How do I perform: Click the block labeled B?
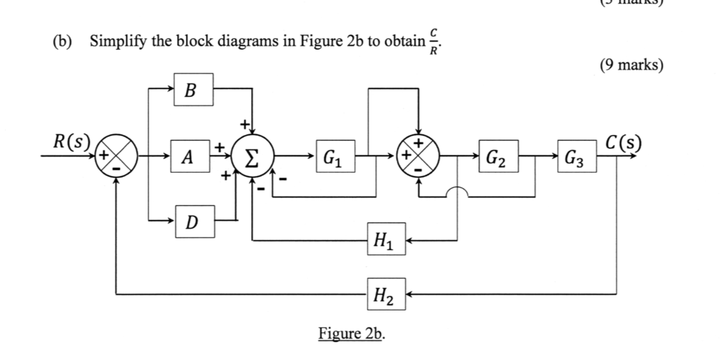coord(193,89)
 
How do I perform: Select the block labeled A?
coord(186,156)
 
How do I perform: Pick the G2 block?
coord(500,156)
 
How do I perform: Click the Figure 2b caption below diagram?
coord(352,332)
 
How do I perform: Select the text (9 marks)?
coord(631,65)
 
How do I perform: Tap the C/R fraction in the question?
coord(434,42)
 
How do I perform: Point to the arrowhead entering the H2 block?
coord(410,293)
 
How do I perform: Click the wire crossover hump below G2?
coord(457,190)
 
